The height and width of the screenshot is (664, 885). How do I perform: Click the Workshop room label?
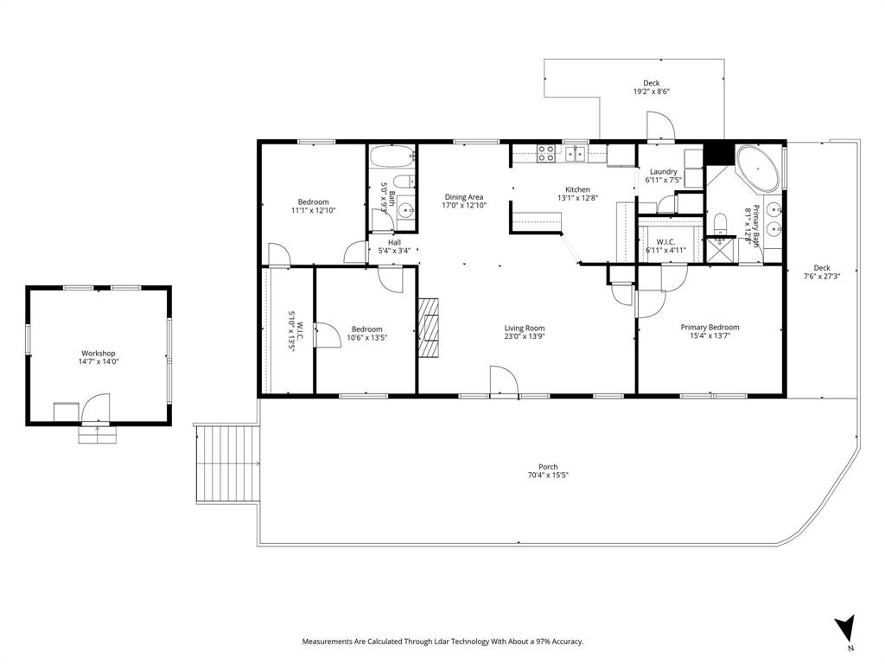98,353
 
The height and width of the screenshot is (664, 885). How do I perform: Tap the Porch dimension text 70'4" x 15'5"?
548,476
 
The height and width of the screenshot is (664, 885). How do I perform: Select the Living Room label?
525,328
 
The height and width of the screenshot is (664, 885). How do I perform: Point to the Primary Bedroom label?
710,327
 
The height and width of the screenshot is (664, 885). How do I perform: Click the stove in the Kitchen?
546,155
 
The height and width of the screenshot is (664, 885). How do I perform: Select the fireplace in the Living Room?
430,328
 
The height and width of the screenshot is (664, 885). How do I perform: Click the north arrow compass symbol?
846,627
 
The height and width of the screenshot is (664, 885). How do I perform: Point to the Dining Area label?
463,196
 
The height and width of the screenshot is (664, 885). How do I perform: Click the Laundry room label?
663,171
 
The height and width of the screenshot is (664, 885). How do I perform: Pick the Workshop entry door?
96,409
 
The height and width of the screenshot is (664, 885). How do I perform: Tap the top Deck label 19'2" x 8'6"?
651,84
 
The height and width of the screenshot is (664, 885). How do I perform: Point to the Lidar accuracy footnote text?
442,642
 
